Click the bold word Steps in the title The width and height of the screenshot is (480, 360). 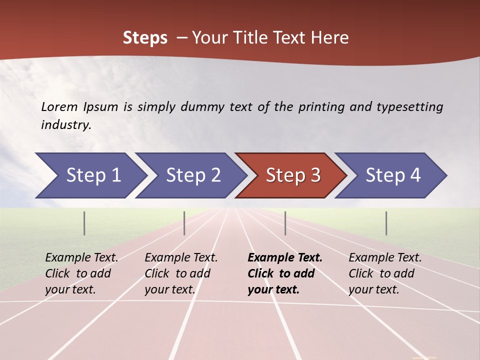coord(145,38)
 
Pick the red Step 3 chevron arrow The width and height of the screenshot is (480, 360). coord(293,175)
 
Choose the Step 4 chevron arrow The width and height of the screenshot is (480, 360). coord(393,175)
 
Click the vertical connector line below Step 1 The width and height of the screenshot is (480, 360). coord(84,223)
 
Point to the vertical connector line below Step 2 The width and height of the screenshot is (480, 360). coord(184,223)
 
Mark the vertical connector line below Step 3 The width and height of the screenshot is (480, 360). coord(285,223)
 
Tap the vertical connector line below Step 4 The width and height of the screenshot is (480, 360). coord(386,223)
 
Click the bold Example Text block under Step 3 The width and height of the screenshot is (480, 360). coord(285,273)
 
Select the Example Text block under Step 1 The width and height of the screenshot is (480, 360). coord(81,273)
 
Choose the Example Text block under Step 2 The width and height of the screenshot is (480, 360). coord(181,273)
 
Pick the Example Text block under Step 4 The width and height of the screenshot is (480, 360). coord(385,273)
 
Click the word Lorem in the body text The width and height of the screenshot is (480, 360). coord(59,106)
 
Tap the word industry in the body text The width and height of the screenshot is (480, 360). coord(66,124)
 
